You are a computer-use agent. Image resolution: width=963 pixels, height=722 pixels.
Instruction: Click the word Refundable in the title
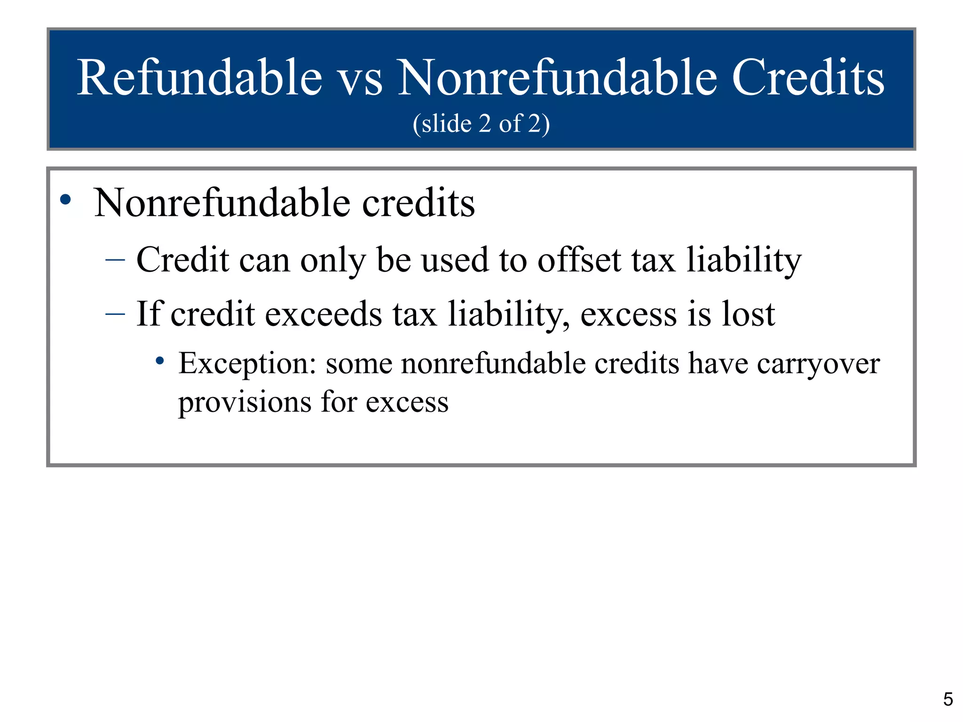tap(199, 78)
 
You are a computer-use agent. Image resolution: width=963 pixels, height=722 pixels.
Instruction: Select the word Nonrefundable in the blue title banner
tap(558, 78)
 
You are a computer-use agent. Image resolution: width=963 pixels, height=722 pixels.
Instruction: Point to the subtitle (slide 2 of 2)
tap(481, 124)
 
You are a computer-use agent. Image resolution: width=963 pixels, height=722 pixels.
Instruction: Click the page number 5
tap(948, 699)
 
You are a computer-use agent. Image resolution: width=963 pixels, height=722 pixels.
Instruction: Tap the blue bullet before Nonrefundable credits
tap(66, 200)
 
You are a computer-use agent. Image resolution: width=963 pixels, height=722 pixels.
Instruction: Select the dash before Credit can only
tap(115, 259)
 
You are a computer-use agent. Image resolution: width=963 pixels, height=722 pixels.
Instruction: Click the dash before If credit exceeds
tap(115, 314)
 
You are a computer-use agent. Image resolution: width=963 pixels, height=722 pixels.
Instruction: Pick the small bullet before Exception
tap(160, 361)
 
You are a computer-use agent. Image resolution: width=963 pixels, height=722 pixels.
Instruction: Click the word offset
tap(579, 259)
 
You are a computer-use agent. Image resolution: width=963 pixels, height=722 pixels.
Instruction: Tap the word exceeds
tap(324, 314)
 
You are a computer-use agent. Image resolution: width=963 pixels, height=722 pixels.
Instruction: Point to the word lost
tap(748, 314)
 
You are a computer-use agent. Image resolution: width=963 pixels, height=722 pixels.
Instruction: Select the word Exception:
tap(247, 364)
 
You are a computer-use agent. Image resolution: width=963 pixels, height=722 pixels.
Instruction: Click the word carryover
tap(818, 364)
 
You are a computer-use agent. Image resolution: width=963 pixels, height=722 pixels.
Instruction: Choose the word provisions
tap(245, 402)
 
